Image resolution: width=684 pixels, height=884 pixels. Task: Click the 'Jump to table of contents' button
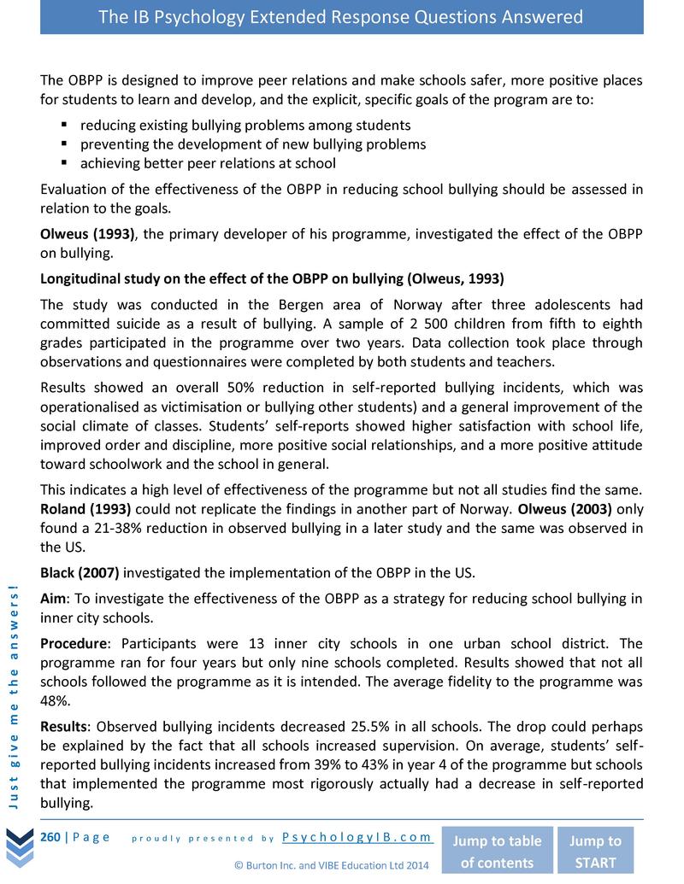coord(496,851)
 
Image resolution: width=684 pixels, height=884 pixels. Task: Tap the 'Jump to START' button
coord(595,851)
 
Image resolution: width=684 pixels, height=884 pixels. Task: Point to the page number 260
coord(50,837)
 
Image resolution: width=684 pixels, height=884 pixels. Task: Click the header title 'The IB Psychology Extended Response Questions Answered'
coord(341,17)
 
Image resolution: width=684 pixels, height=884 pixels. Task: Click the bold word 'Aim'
coord(54,599)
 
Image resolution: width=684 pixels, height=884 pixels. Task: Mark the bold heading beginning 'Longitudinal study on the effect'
coord(272,278)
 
